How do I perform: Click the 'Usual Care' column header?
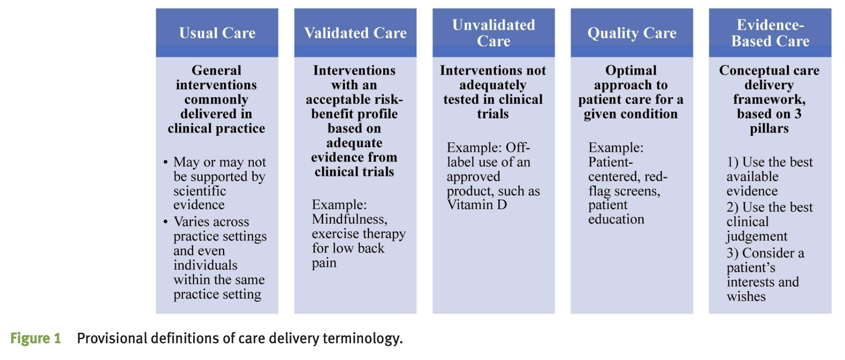pos(217,33)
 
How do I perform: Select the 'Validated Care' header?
pos(355,33)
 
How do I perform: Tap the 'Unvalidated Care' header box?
pos(494,33)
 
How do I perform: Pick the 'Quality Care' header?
pos(632,33)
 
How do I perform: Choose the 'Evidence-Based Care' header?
pos(770,33)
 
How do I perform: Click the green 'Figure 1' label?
pos(35,338)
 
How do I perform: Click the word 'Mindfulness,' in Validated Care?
pos(350,219)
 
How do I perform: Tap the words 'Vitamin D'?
pos(477,205)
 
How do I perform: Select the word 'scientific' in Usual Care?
pos(199,191)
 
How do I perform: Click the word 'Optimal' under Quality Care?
pos(631,71)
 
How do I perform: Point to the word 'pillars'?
pos(769,129)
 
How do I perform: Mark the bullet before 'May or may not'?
pos(166,162)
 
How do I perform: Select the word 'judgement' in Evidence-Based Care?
pos(757,237)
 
